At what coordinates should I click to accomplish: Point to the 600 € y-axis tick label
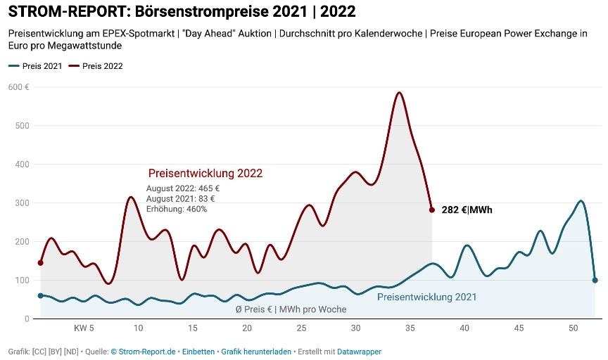click(x=19, y=86)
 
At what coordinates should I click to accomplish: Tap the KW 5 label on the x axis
click(x=84, y=328)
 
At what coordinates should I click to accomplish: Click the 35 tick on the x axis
click(x=410, y=328)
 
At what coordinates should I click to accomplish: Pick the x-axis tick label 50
click(x=574, y=328)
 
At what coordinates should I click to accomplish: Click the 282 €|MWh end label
click(x=467, y=210)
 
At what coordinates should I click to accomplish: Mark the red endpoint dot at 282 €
click(x=432, y=210)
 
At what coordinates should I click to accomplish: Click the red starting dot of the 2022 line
click(x=40, y=263)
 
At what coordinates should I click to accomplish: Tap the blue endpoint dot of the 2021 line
click(x=595, y=280)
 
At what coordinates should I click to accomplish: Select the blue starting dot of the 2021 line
click(x=40, y=296)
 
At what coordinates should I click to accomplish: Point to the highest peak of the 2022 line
click(x=399, y=92)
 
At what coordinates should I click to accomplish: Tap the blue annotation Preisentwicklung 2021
click(x=426, y=297)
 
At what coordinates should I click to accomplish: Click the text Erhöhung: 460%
click(x=177, y=209)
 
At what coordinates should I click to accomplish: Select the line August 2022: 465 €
click(x=183, y=188)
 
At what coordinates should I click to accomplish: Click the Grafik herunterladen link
click(x=256, y=352)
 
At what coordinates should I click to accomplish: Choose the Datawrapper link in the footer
click(x=359, y=352)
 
